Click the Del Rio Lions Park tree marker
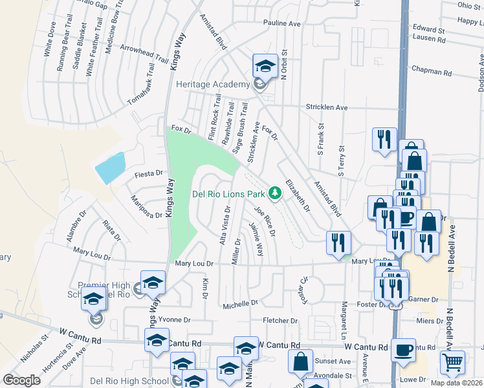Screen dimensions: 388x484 276,193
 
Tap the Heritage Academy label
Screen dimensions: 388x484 213,85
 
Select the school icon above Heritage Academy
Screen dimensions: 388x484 263,65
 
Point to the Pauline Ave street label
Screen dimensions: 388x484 282,23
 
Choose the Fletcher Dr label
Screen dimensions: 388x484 280,321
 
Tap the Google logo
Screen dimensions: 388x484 21,380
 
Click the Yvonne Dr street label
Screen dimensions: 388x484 175,319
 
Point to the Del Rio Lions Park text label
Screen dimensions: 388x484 229,193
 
